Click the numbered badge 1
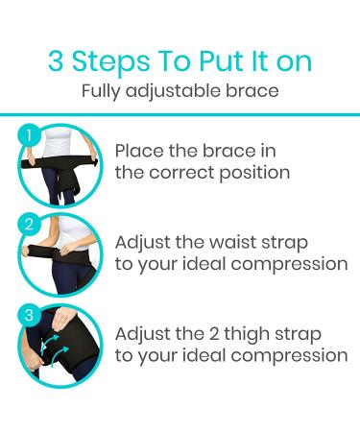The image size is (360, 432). tap(31, 134)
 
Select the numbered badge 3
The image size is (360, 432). tap(31, 314)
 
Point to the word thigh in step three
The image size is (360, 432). tap(247, 333)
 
